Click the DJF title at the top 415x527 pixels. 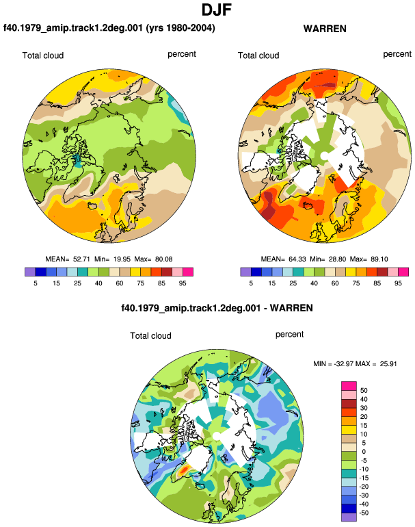pyautogui.click(x=217, y=10)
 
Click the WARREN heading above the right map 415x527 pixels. pyautogui.click(x=325, y=29)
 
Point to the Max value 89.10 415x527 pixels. pyautogui.click(x=379, y=259)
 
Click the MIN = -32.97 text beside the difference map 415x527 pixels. pyautogui.click(x=334, y=363)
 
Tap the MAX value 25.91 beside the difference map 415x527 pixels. pyautogui.click(x=388, y=363)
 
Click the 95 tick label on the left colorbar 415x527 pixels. pyautogui.click(x=183, y=283)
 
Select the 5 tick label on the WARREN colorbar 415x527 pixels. pyautogui.click(x=251, y=283)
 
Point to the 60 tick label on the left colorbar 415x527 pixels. pyautogui.click(x=119, y=283)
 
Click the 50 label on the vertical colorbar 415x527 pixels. pyautogui.click(x=364, y=391)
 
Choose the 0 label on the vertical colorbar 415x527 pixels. pyautogui.click(x=364, y=452)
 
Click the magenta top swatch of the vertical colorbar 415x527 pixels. pyautogui.click(x=349, y=386)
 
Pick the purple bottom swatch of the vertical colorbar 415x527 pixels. pyautogui.click(x=349, y=517)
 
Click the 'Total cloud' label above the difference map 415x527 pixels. pyautogui.click(x=151, y=336)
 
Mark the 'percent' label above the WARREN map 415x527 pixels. pyautogui.click(x=397, y=54)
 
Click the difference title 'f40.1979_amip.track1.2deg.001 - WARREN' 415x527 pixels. pyautogui.click(x=217, y=308)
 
